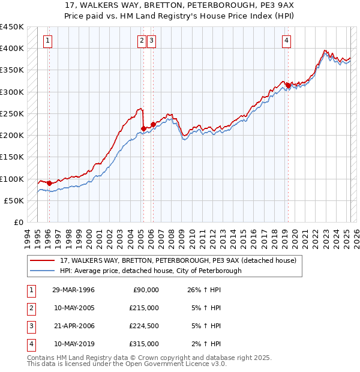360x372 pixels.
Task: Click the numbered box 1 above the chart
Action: click(x=48, y=41)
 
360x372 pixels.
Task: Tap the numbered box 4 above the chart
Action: click(x=287, y=41)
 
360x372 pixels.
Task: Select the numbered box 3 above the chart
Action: click(x=152, y=41)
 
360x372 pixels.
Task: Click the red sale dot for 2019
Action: click(x=288, y=85)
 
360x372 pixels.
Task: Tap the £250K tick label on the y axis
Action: click(x=13, y=113)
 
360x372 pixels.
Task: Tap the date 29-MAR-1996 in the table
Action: click(x=73, y=290)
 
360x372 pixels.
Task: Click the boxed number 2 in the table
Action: click(x=30, y=308)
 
